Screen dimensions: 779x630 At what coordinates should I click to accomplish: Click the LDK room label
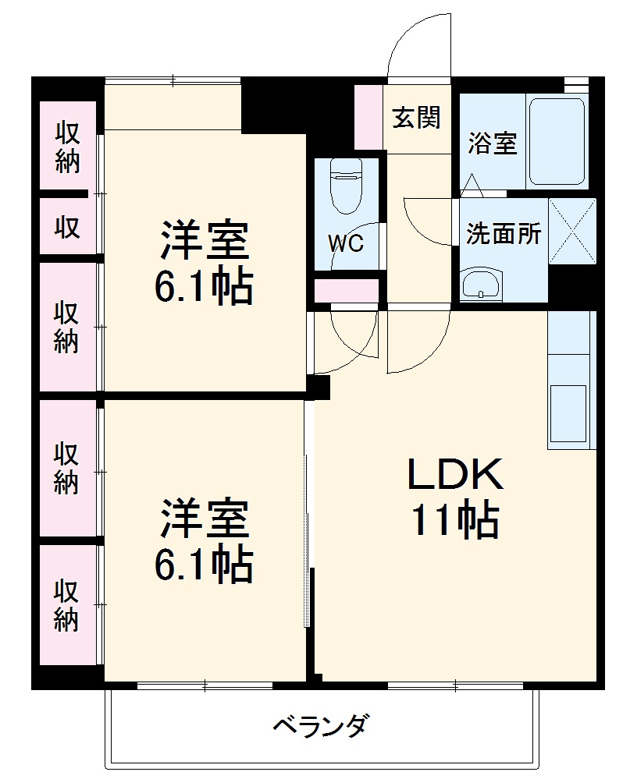454,474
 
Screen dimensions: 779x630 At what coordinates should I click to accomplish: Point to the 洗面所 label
504,234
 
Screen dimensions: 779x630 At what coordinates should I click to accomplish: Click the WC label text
345,243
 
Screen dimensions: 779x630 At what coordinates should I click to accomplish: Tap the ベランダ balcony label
319,727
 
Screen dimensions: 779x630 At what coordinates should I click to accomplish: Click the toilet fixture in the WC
344,188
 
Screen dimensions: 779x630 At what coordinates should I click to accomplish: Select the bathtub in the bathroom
557,140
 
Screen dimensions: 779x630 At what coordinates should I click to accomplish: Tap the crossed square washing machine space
572,232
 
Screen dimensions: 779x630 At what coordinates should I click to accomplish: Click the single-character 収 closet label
66,227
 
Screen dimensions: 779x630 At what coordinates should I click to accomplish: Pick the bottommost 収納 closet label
66,605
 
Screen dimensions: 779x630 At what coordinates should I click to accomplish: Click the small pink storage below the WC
346,290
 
